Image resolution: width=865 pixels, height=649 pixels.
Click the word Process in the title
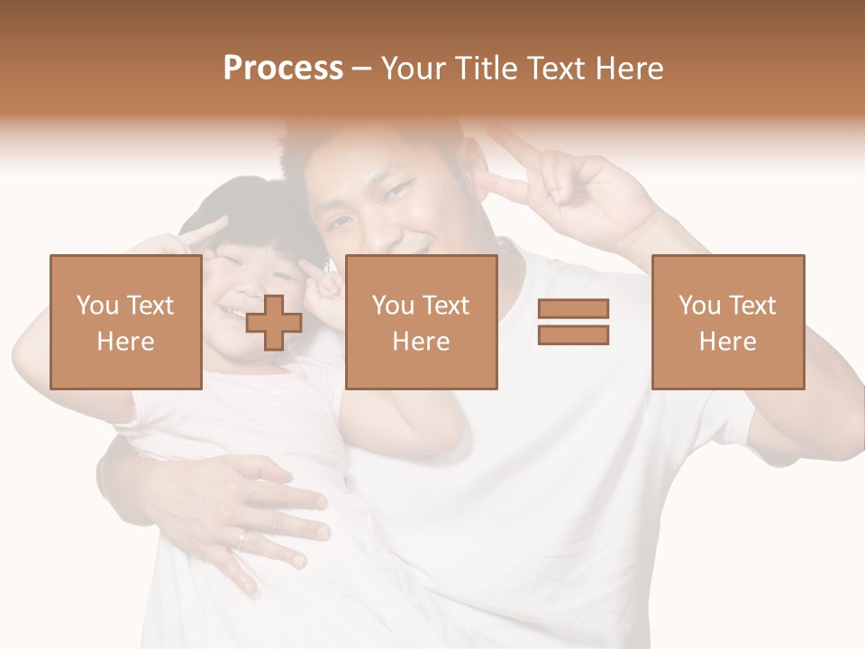tap(283, 69)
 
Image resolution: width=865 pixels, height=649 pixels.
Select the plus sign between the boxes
tap(274, 323)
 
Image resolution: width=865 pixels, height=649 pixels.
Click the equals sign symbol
tap(573, 322)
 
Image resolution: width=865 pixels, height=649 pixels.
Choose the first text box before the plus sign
tap(125, 322)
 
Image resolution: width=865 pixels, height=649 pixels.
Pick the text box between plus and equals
tap(421, 322)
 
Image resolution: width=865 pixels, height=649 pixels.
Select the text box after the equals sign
tap(727, 322)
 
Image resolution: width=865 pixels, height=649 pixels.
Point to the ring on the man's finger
tap(242, 539)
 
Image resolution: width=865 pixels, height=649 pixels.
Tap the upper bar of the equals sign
tap(573, 309)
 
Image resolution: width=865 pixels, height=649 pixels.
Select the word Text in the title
tap(552, 69)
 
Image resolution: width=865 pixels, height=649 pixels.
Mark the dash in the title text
tap(361, 69)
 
